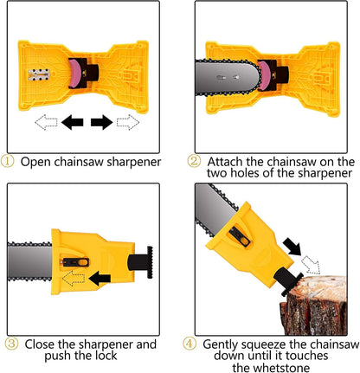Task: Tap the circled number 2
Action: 194,161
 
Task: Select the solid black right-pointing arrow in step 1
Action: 103,125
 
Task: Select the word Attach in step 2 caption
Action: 226,161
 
